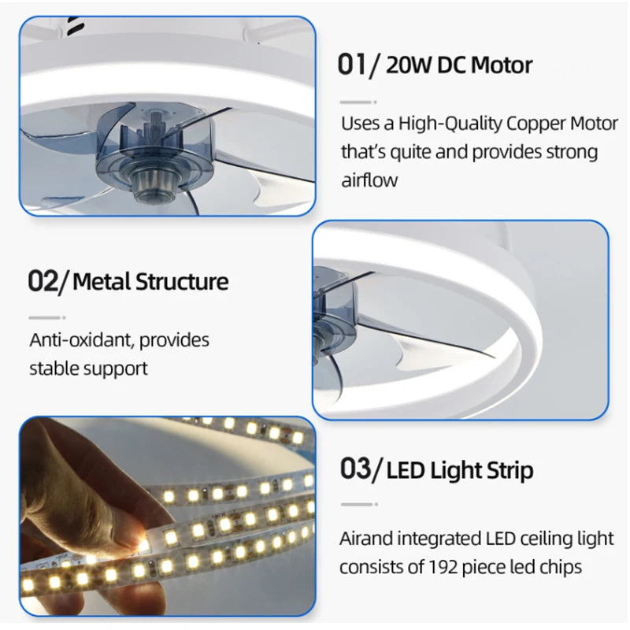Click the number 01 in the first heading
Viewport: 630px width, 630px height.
pyautogui.click(x=352, y=65)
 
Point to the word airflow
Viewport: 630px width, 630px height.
pyautogui.click(x=369, y=180)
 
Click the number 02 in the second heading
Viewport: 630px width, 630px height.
pyautogui.click(x=43, y=280)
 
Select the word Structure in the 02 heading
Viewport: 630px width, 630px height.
pyautogui.click(x=182, y=281)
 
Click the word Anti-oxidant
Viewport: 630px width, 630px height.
pyautogui.click(x=82, y=340)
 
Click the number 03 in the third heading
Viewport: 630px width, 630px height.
pyautogui.click(x=356, y=469)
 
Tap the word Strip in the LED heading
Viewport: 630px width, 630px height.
pyautogui.click(x=510, y=471)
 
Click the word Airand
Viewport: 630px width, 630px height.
pyautogui.click(x=365, y=539)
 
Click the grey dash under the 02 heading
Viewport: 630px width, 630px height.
pyautogui.click(x=45, y=317)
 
